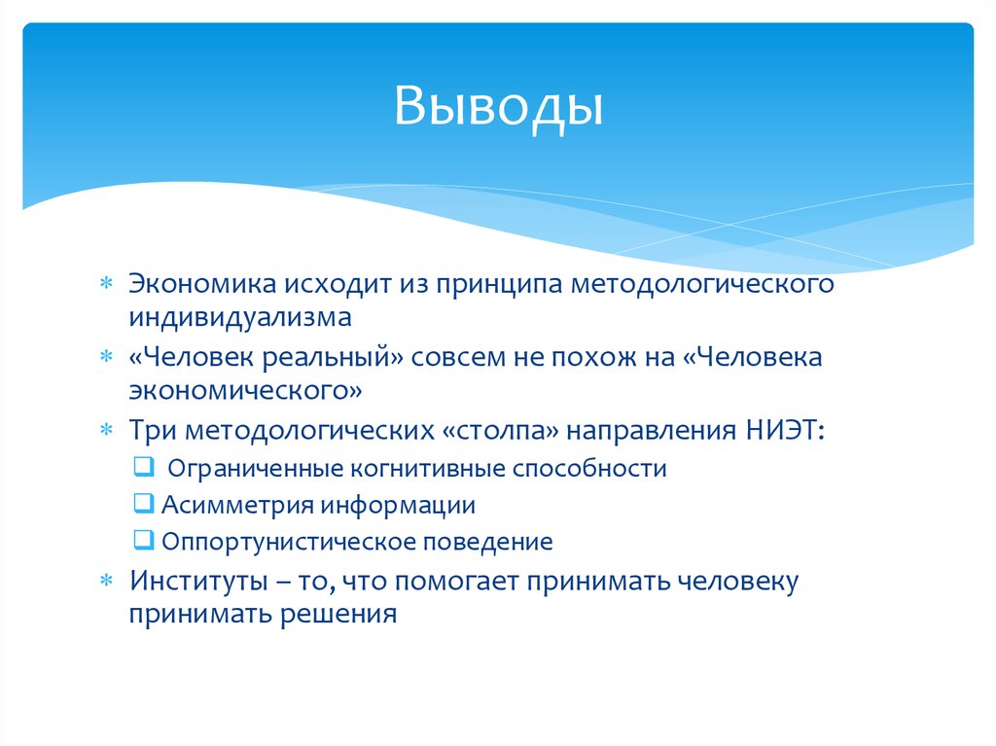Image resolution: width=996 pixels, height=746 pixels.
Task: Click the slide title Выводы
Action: tap(498, 106)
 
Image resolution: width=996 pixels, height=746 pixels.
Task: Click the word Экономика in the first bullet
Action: tap(201, 284)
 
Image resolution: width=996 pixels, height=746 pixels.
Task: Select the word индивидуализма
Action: tap(239, 317)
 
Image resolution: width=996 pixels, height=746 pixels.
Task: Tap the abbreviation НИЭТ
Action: tap(782, 429)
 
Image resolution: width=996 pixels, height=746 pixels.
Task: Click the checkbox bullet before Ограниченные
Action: tap(141, 468)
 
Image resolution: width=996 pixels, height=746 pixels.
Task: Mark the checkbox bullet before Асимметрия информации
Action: tap(141, 504)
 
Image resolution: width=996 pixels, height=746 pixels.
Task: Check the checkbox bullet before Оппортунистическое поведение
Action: tap(141, 541)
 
